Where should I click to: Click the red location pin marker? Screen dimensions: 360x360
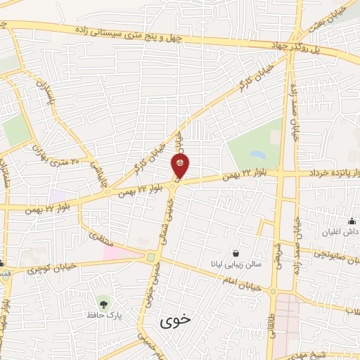tap(181, 166)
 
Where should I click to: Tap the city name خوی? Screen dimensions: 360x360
tap(175, 321)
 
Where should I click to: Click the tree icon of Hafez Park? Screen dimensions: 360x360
tap(105, 304)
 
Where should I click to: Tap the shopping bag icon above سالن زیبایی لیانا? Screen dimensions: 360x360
tap(235, 252)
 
